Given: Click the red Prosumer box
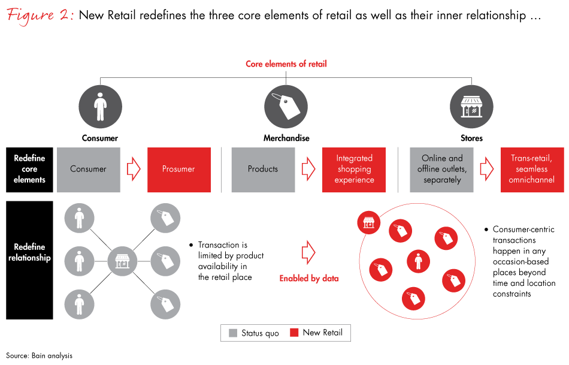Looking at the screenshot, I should click(178, 170).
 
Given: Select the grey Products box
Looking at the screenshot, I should click(263, 170).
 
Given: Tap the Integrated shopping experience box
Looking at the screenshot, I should click(354, 170).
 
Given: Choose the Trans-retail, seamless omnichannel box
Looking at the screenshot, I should click(532, 170).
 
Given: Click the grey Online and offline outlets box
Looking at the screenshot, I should click(442, 170).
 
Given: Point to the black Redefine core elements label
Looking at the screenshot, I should click(29, 170).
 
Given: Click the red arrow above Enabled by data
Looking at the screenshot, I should click(308, 252).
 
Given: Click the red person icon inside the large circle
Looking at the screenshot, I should click(418, 261).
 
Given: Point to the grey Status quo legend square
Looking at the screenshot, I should click(232, 333).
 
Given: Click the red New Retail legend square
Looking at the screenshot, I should click(293, 333).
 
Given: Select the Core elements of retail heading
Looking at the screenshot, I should click(286, 64).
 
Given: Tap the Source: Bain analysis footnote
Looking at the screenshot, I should click(39, 356).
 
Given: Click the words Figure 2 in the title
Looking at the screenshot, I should click(39, 16).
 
